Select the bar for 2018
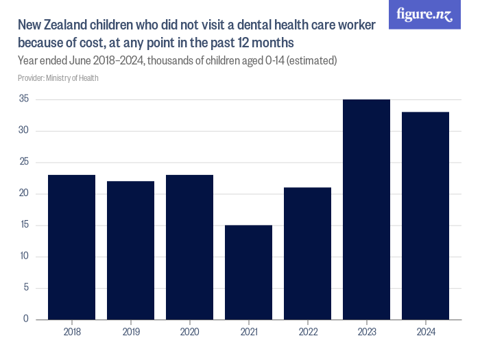71,247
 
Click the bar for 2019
130,250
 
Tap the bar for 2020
189,247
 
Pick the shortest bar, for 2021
248,272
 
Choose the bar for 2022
307,253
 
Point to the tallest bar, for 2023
366,209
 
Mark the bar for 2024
425,215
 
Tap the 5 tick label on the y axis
26,288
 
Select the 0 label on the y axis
26,320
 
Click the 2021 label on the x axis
248,333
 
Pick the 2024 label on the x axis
425,333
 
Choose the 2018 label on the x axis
71,333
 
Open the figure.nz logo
424,14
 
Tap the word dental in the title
246,26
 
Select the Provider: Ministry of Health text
58,78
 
